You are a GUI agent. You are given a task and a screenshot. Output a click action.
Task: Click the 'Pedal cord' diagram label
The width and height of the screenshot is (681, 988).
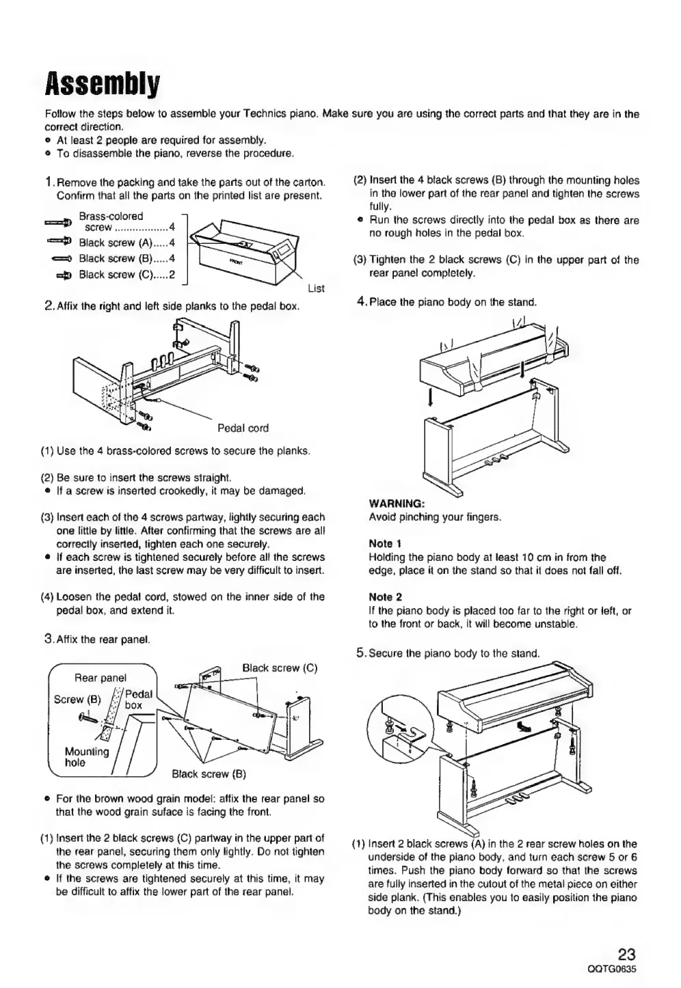(x=243, y=428)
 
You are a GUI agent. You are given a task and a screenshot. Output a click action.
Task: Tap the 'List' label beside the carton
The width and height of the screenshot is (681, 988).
(x=316, y=288)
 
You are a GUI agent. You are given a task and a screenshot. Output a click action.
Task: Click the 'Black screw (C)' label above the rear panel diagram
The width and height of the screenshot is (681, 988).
(x=280, y=668)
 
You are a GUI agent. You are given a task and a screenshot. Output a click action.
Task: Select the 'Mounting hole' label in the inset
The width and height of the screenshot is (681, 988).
(x=86, y=757)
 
